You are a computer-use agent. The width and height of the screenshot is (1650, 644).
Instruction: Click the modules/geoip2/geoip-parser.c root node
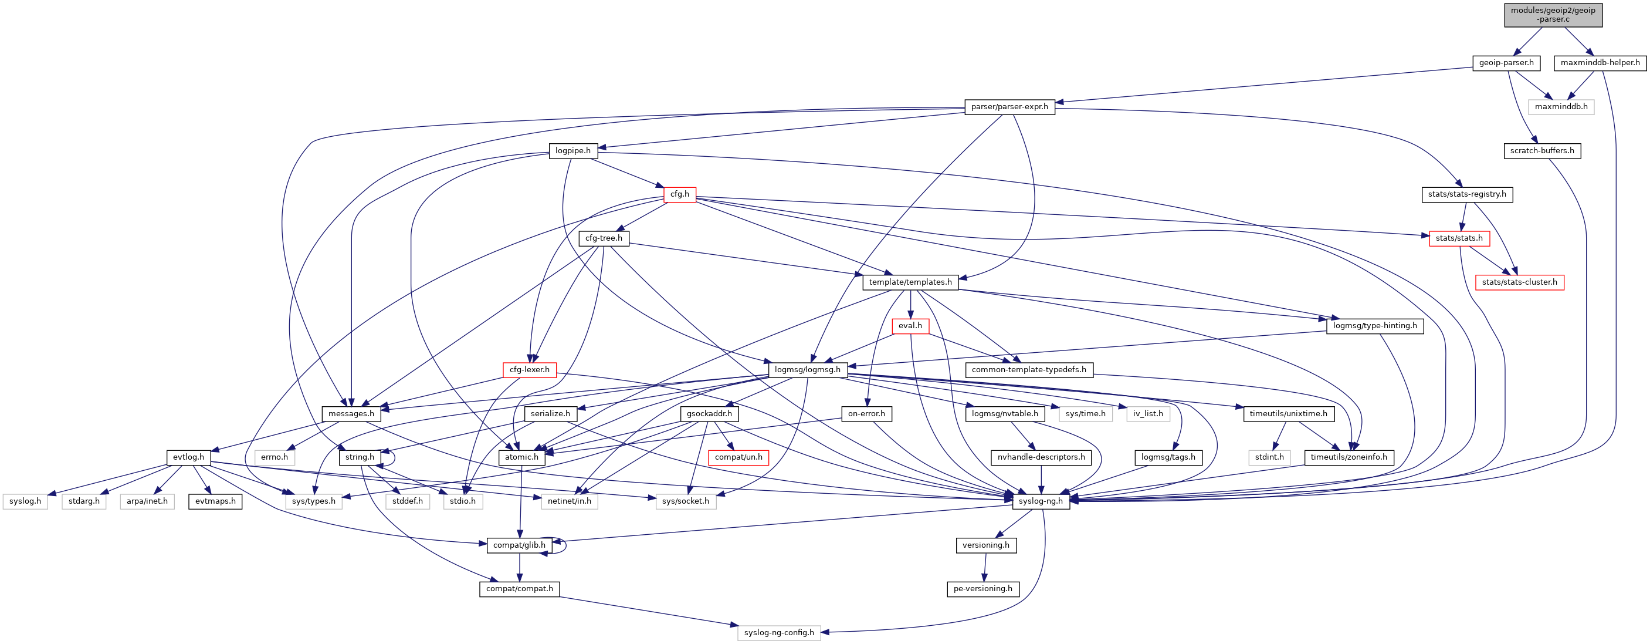point(1553,15)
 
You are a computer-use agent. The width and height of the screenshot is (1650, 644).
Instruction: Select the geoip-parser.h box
point(1506,63)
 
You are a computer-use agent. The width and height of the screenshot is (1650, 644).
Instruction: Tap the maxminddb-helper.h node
point(1600,63)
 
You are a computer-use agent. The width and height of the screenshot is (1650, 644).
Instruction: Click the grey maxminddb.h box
point(1560,107)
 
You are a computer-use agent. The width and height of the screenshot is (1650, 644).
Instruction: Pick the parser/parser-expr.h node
point(1009,107)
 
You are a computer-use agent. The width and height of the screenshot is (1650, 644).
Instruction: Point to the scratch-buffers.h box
point(1541,151)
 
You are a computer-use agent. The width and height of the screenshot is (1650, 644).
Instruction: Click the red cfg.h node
point(680,194)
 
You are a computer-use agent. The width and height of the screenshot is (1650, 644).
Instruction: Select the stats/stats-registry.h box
point(1466,194)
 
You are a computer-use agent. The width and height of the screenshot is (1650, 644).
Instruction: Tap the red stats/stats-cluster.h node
point(1519,282)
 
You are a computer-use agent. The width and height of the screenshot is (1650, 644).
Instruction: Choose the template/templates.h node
point(910,282)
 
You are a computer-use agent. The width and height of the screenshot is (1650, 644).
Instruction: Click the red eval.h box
point(910,326)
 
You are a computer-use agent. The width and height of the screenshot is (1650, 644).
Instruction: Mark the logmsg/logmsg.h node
point(807,370)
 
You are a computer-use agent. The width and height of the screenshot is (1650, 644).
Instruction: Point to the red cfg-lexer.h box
point(529,370)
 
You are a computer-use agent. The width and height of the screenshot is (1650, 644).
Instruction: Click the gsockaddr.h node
point(709,414)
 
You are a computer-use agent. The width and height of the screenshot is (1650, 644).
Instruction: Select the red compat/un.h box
point(738,457)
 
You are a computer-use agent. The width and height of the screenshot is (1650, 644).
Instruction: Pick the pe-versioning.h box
point(982,589)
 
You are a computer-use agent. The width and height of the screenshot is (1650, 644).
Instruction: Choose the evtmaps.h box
point(215,501)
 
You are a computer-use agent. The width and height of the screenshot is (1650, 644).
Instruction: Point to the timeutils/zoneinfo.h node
point(1348,457)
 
